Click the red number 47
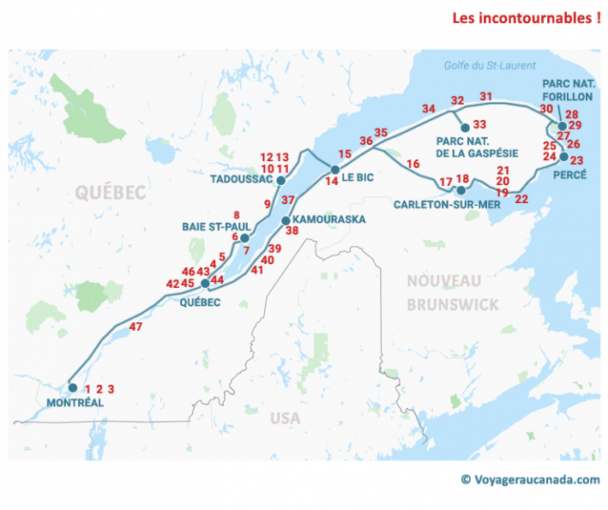(135, 327)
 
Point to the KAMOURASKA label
(329, 219)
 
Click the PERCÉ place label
(564, 174)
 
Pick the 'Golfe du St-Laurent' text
(490, 66)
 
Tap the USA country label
(286, 418)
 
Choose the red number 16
(413, 164)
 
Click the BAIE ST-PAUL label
(209, 227)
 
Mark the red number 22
(521, 199)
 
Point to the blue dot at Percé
(563, 157)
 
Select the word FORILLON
(567, 97)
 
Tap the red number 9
(267, 204)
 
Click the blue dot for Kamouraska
(286, 220)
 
